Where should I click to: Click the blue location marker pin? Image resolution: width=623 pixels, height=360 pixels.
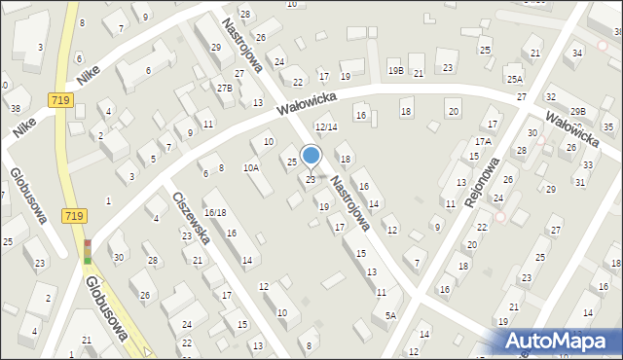[x=311, y=156]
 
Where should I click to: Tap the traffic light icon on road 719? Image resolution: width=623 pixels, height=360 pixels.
[x=89, y=252]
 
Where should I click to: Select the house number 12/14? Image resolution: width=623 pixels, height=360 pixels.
[x=325, y=127]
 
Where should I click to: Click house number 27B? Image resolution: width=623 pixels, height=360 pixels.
[x=225, y=88]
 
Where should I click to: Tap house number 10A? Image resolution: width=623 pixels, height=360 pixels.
[x=251, y=167]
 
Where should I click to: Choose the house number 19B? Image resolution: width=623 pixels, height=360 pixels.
[x=394, y=70]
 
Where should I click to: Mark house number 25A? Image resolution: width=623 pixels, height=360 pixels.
[x=514, y=78]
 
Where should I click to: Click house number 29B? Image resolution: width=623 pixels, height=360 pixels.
[x=578, y=112]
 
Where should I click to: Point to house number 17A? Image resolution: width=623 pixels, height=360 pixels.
[x=483, y=141]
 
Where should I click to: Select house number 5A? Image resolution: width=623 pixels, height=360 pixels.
[x=390, y=315]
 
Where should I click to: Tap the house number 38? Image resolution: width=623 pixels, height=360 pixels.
[x=15, y=108]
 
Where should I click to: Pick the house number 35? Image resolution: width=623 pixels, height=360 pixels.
[x=607, y=127]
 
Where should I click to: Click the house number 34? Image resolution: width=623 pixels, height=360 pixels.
[x=578, y=53]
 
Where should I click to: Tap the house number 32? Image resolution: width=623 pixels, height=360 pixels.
[x=550, y=96]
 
